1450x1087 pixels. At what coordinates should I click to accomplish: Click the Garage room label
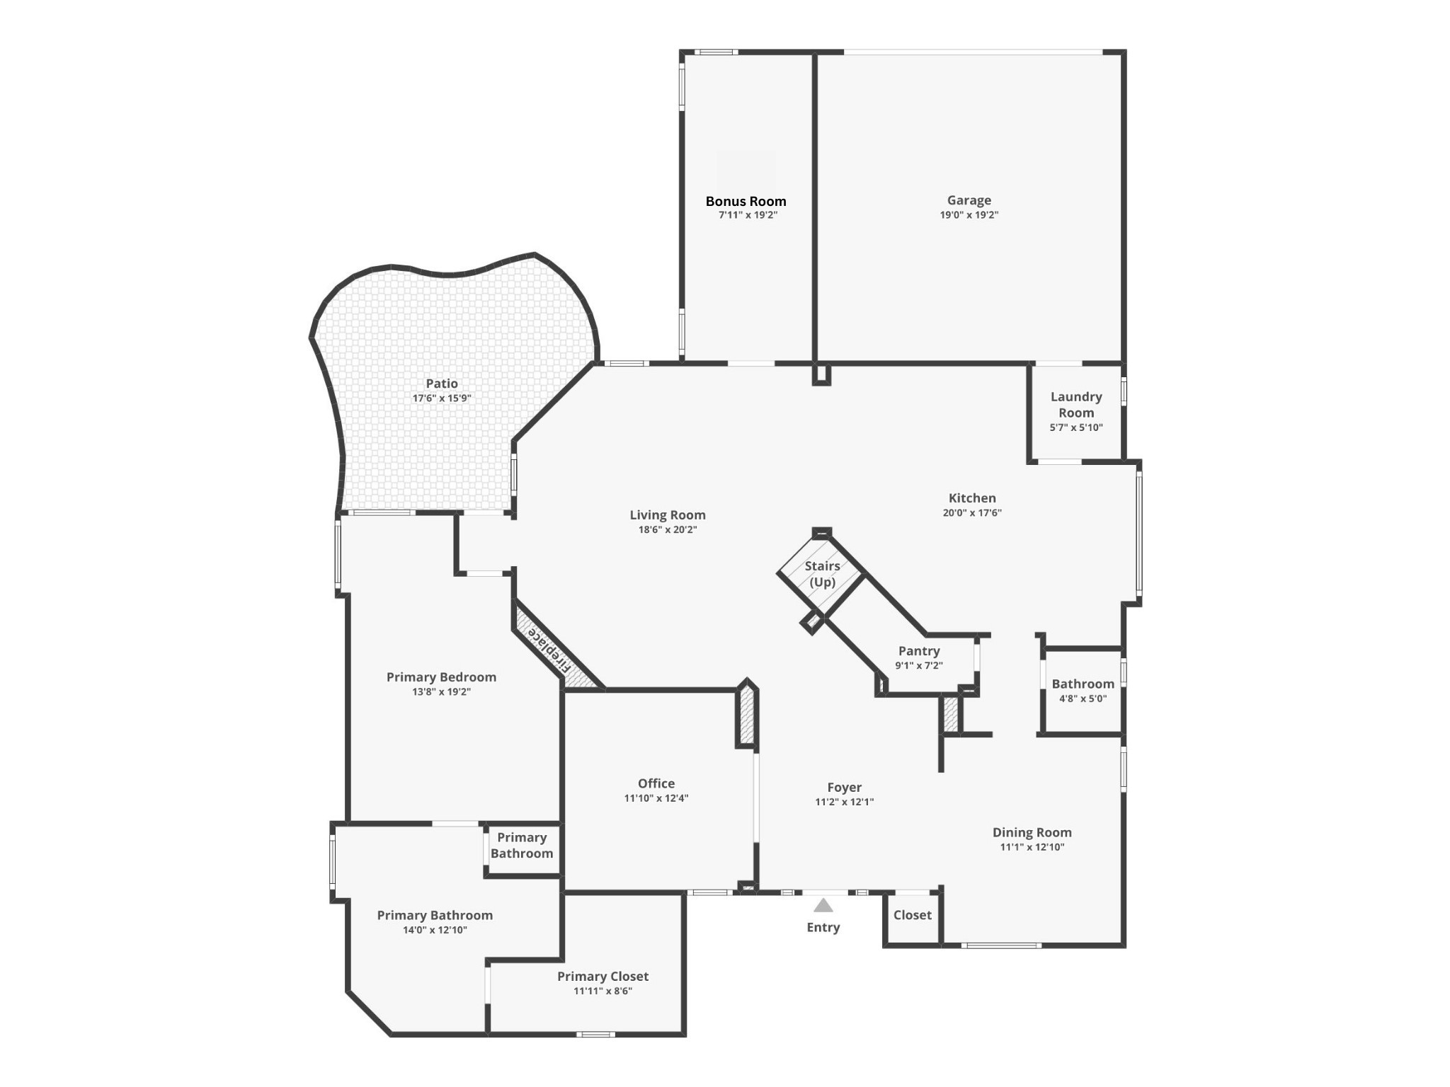[969, 200]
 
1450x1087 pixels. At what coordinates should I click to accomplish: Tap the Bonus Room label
[746, 201]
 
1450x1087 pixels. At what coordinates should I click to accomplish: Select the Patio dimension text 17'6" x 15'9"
[442, 398]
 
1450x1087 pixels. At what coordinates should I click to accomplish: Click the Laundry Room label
[1076, 405]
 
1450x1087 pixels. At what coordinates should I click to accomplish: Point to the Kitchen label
[972, 498]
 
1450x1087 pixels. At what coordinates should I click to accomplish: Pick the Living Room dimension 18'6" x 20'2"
[668, 530]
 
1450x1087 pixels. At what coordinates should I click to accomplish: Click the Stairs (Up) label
[822, 574]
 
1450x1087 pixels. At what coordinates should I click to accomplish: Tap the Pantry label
[919, 651]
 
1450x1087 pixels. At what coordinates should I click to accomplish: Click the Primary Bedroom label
[441, 677]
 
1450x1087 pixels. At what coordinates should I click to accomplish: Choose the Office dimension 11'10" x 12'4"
[656, 798]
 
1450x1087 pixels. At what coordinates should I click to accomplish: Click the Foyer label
[844, 787]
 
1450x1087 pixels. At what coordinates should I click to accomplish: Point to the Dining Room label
[1032, 832]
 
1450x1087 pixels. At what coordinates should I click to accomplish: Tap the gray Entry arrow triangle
[823, 905]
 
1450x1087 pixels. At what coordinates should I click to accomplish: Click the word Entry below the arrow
[823, 927]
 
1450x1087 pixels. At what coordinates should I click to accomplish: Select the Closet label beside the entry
[912, 915]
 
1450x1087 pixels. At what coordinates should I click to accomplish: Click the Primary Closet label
[603, 977]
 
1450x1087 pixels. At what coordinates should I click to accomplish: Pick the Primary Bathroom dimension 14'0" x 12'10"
[435, 931]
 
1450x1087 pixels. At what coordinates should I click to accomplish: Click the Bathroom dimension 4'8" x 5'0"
[1083, 698]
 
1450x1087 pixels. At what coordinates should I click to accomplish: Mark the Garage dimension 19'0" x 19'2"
[969, 215]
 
